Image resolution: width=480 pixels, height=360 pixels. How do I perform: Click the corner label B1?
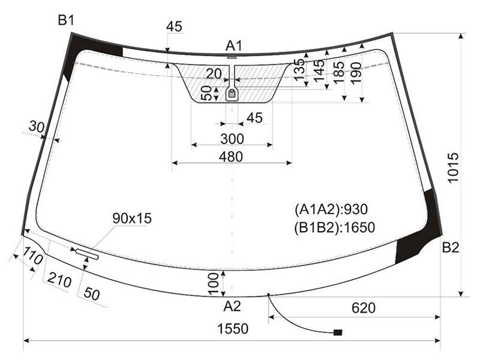66,20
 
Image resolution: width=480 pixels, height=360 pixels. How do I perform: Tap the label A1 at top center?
233,46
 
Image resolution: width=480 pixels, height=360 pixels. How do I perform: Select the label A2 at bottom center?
232,306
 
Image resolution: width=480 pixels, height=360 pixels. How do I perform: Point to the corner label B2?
451,247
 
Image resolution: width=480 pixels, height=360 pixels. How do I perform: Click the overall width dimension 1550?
233,329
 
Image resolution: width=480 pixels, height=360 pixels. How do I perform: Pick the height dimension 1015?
453,168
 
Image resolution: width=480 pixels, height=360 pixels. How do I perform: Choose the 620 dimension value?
364,308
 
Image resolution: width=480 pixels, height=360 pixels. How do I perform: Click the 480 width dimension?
231,157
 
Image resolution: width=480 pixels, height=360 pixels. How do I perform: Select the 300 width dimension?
232,139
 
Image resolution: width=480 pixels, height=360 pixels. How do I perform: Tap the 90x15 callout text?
132,218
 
